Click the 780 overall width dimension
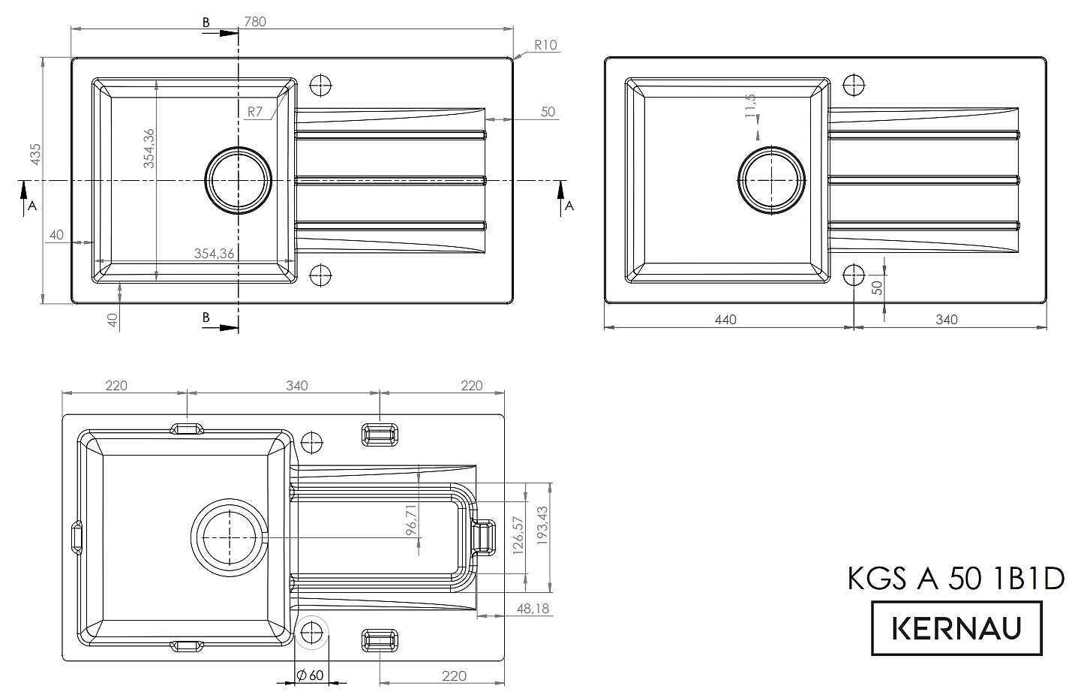pos(255,22)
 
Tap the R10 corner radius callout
pos(546,45)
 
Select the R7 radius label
pos(255,112)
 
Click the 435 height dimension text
pos(35,154)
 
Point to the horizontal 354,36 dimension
pos(214,254)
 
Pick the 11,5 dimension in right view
pos(749,106)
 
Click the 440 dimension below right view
pos(725,320)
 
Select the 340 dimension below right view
pos(947,320)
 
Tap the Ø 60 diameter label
pos(310,675)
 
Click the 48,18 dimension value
pos(533,609)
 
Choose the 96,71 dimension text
pos(411,520)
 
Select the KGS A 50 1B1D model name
pos(956,579)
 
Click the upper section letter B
pos(206,23)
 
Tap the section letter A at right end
pos(569,206)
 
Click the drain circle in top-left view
pos(239,181)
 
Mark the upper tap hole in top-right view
pos(854,85)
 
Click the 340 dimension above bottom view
pos(297,386)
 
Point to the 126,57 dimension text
pos(516,534)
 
